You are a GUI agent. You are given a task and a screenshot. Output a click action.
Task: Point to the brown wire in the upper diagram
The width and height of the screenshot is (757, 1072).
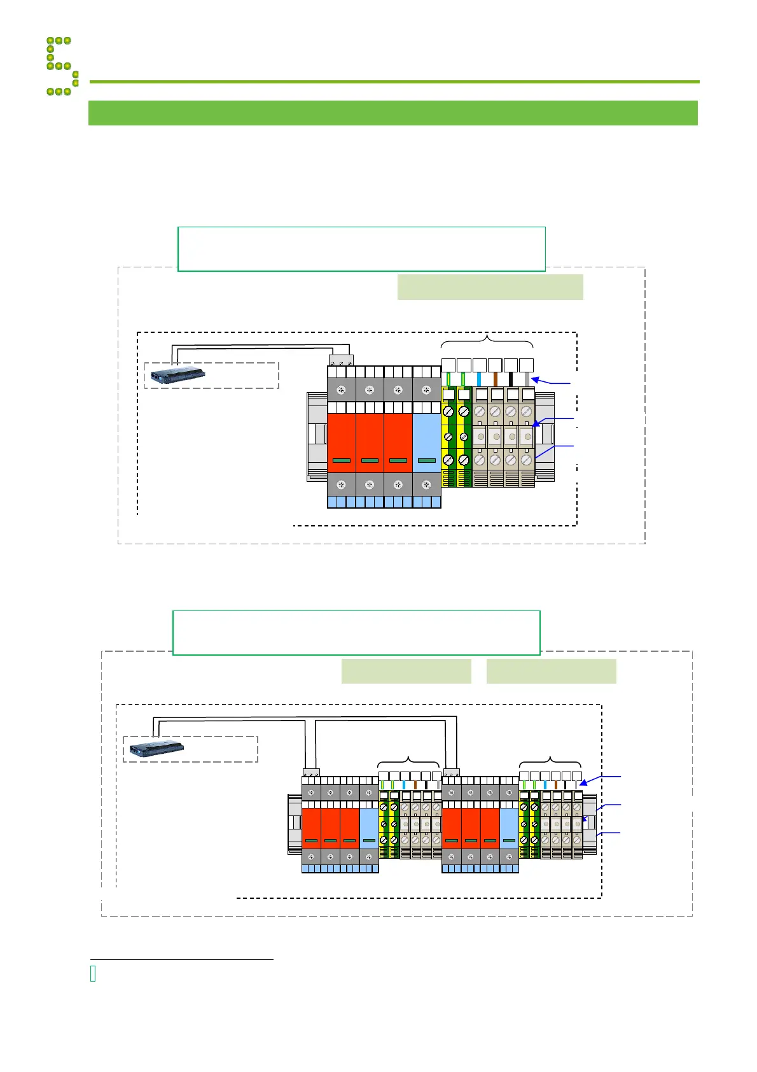pos(495,379)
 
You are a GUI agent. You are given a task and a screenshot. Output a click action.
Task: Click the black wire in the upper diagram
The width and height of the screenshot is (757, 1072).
pos(511,379)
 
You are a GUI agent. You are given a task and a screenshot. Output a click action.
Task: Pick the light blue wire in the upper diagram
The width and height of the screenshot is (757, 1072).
pos(479,379)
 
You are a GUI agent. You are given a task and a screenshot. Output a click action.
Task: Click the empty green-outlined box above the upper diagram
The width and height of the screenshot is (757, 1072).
pos(361,249)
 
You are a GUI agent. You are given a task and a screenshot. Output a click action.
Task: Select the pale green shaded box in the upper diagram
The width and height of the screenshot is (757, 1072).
pos(490,286)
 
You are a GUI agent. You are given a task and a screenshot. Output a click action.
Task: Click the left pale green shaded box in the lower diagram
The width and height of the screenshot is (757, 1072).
pos(406,671)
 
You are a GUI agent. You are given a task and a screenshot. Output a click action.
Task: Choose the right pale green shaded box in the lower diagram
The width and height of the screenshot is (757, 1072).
pos(551,671)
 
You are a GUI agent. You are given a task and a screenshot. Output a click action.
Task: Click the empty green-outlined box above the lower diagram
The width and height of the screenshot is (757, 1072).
pos(356,633)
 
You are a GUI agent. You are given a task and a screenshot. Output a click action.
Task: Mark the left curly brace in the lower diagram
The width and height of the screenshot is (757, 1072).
pos(408,760)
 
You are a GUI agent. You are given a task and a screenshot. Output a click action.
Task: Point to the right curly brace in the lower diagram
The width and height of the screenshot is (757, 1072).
pos(550,760)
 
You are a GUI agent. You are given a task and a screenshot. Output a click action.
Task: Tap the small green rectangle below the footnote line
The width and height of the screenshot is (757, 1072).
pos(93,974)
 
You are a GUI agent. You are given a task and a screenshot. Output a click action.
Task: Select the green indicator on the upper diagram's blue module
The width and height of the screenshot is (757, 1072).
pos(426,460)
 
